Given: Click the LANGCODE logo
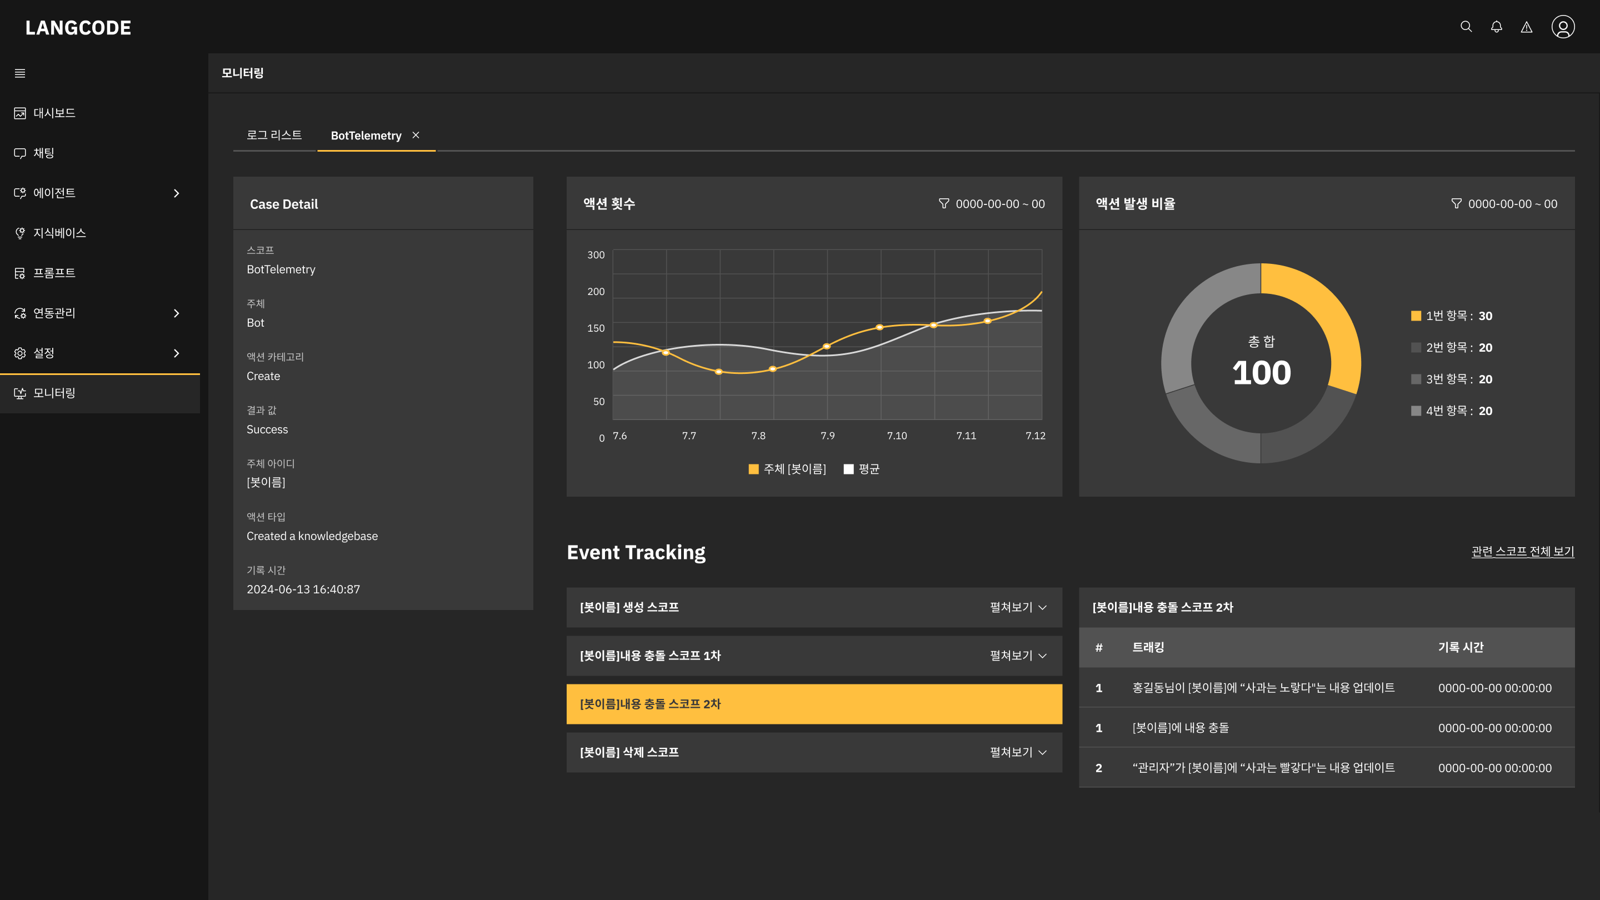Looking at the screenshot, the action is pyautogui.click(x=78, y=27).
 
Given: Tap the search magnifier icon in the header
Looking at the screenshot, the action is pyautogui.click(x=1466, y=27).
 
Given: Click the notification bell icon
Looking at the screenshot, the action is pyautogui.click(x=1496, y=27).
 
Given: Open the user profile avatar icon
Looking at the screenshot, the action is pyautogui.click(x=1563, y=27).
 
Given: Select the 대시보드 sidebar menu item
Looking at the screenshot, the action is pyautogui.click(x=44, y=113).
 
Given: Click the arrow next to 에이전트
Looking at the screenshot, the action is pyautogui.click(x=177, y=193).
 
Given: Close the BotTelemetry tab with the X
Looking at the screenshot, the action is pyautogui.click(x=416, y=135).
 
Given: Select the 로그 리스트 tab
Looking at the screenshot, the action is pyautogui.click(x=274, y=135).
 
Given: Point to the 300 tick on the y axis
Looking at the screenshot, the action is pyautogui.click(x=596, y=254).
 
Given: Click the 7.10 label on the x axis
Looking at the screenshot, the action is pyautogui.click(x=897, y=436).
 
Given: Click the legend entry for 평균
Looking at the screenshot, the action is pyautogui.click(x=862, y=469).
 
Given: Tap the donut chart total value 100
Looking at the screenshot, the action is pyautogui.click(x=1262, y=372).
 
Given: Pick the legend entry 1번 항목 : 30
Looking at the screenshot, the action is pyautogui.click(x=1452, y=316).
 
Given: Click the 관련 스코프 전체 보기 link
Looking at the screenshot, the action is pyautogui.click(x=1523, y=551).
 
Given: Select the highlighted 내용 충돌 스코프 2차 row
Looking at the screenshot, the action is pyautogui.click(x=814, y=704).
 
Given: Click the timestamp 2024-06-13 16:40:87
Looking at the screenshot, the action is pyautogui.click(x=303, y=589).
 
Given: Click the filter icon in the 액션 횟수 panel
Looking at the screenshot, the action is pyautogui.click(x=943, y=203).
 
